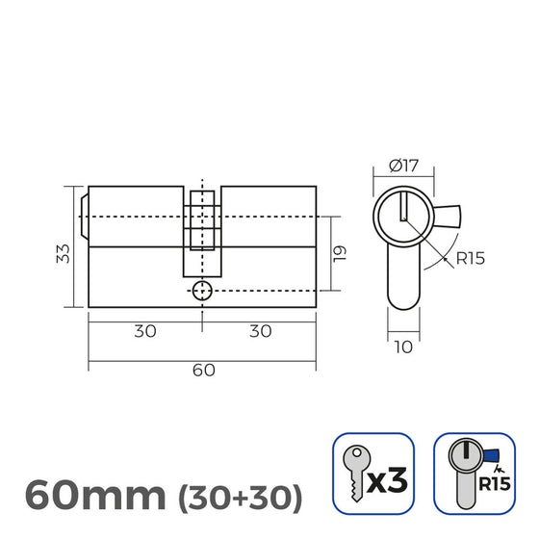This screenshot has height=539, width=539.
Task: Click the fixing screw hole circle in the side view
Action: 202,291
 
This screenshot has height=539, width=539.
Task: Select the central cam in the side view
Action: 202,231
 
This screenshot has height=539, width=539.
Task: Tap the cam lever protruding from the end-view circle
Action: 448,216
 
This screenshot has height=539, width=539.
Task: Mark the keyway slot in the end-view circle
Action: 404,204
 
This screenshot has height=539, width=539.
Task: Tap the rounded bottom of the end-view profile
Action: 404,303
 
